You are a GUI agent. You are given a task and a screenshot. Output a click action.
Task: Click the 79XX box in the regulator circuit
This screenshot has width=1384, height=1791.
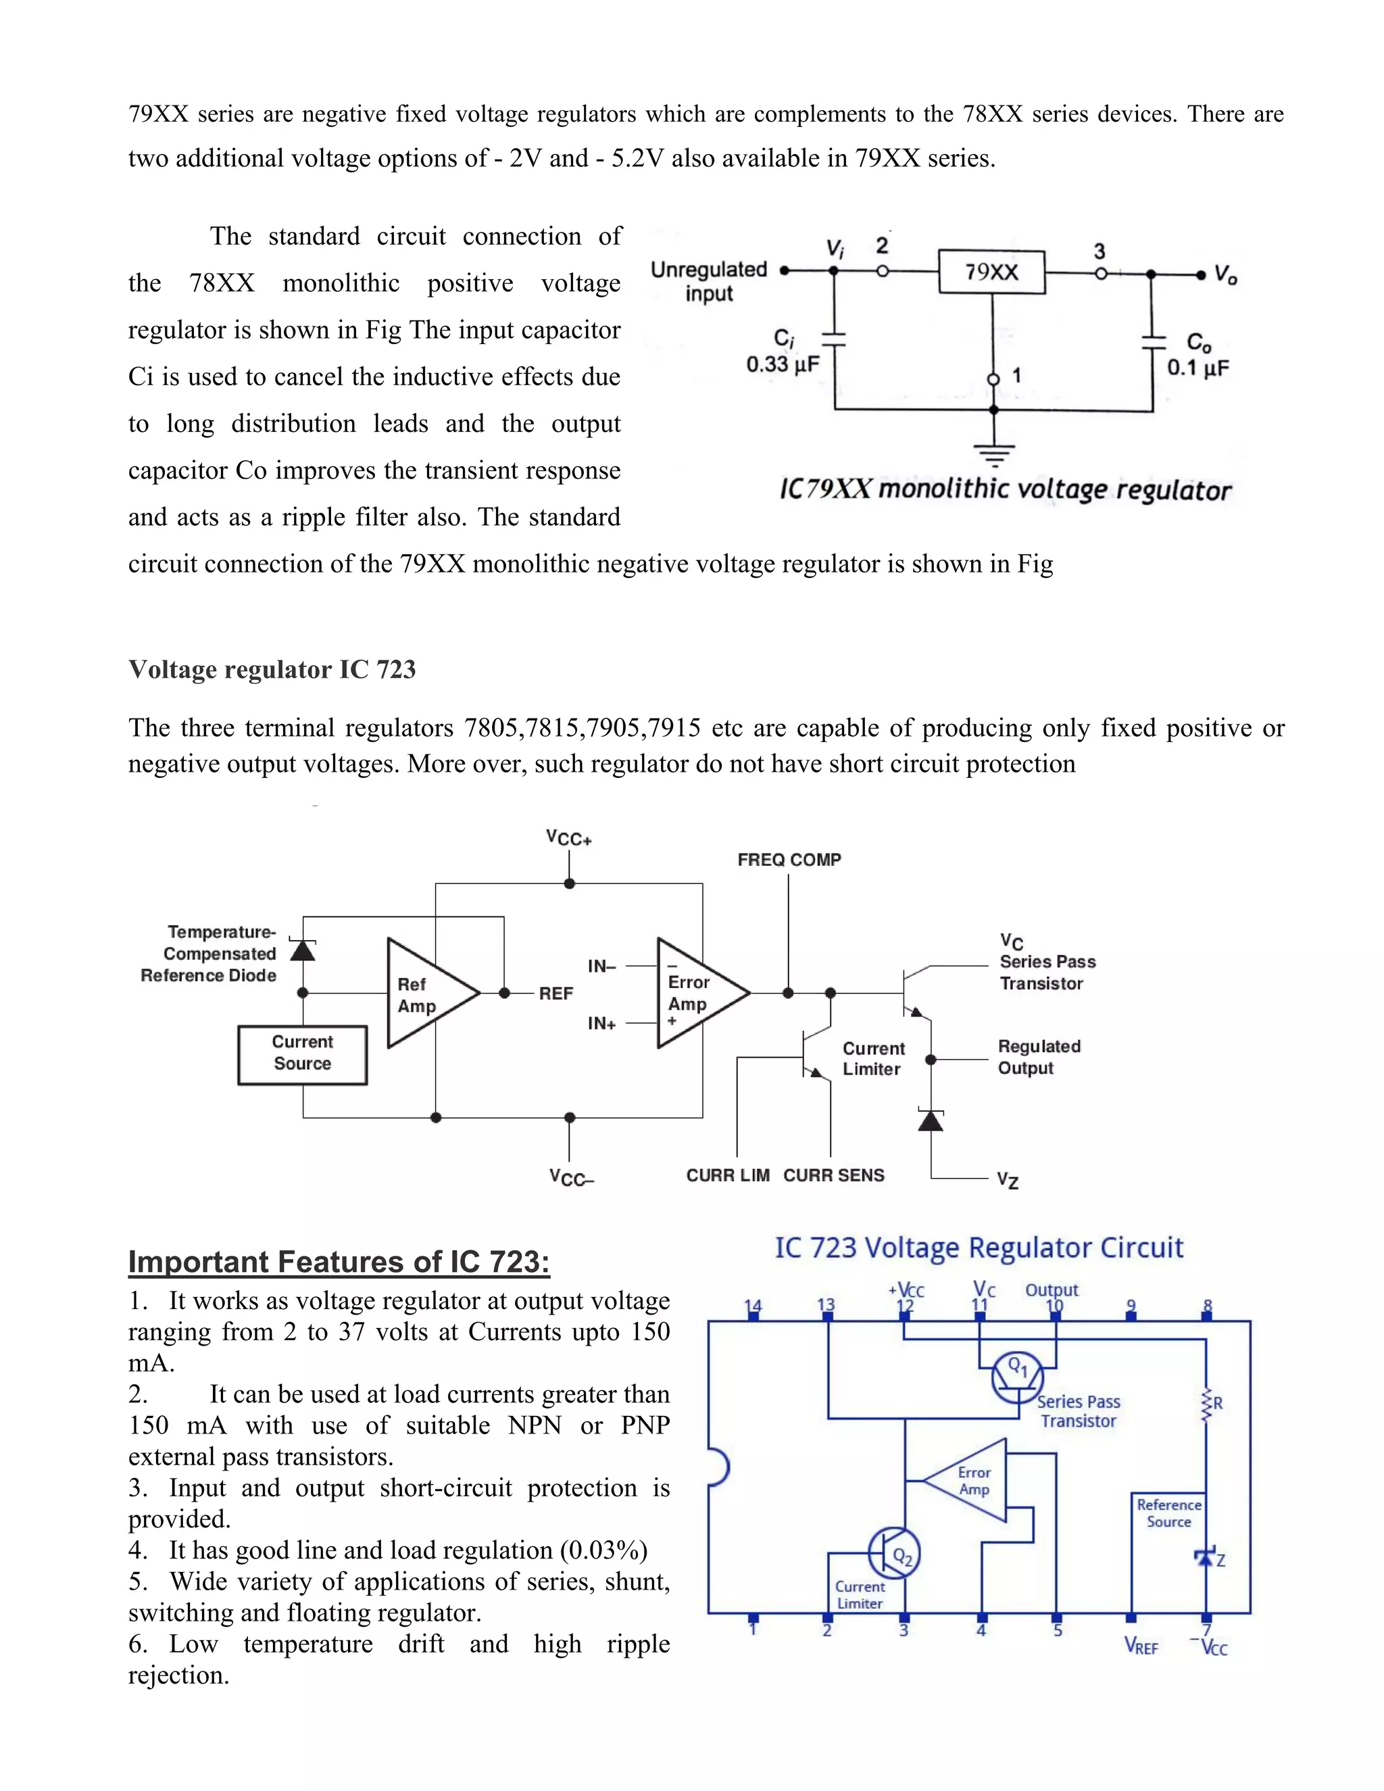[991, 272]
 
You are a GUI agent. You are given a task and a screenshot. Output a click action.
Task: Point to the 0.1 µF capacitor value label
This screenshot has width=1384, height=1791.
[1198, 368]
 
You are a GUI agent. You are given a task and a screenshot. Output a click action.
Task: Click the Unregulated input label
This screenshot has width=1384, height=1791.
[708, 281]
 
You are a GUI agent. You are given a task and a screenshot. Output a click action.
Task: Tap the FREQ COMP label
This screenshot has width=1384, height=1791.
[789, 860]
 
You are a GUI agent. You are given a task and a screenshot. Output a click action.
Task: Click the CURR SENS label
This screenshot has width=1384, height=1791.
[834, 1175]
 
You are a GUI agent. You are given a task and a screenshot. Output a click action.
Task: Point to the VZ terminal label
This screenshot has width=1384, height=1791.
[1008, 1180]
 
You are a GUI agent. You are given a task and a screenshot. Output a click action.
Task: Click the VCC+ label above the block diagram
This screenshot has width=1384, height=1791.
[569, 838]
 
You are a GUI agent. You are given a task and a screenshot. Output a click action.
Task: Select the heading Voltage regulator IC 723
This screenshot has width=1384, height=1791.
[272, 669]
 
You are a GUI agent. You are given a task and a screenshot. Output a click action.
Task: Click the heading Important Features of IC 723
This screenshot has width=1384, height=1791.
[339, 1261]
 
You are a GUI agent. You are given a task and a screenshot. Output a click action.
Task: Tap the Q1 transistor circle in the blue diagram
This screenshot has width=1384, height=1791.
[1018, 1377]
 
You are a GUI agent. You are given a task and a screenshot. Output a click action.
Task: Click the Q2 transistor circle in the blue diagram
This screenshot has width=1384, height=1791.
[895, 1553]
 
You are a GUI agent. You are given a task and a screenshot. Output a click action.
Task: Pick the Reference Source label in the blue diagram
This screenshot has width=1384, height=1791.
[1168, 1513]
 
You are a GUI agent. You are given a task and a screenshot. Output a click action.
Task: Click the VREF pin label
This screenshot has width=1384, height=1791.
[1141, 1646]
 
